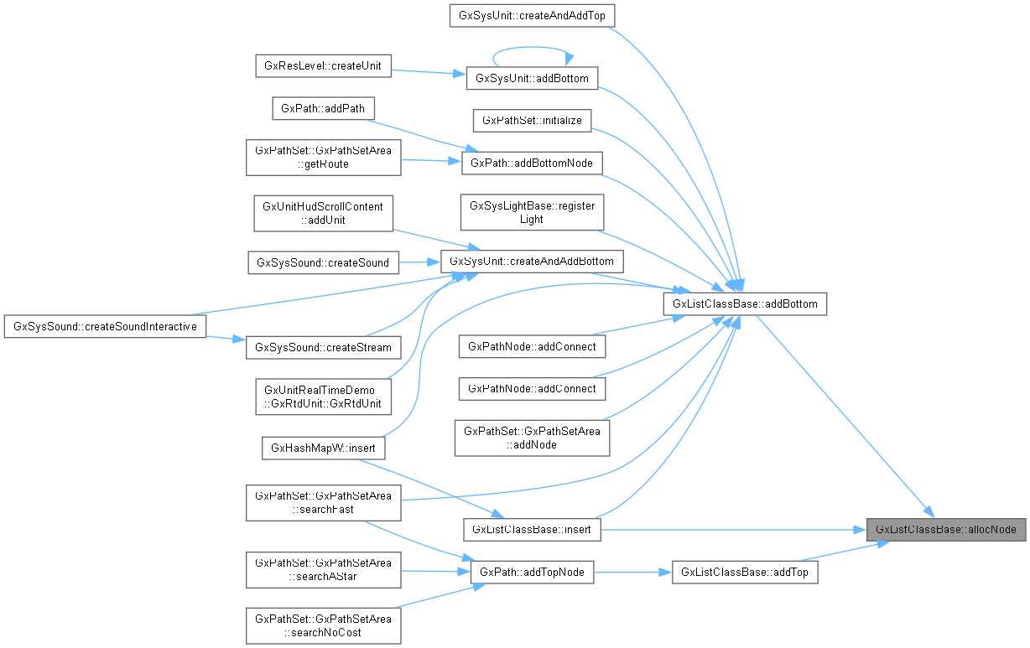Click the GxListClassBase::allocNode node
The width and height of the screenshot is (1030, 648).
tap(945, 530)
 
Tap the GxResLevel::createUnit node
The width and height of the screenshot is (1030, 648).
tap(323, 66)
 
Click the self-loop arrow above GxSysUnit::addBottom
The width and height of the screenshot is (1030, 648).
tap(532, 49)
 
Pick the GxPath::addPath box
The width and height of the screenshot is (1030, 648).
tap(323, 108)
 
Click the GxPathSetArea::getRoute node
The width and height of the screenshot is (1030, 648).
tap(323, 157)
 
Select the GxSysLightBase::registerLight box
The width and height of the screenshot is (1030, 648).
tap(532, 213)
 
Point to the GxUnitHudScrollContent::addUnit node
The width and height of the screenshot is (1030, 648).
tap(323, 213)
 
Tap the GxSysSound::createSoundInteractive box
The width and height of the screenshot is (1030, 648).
tap(105, 326)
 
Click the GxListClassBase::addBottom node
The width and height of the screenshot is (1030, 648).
tap(745, 303)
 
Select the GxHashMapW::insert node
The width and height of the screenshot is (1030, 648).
tap(323, 448)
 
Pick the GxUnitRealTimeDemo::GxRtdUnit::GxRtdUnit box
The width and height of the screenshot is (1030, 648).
tap(323, 397)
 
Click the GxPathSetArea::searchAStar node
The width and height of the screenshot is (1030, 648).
tap(323, 573)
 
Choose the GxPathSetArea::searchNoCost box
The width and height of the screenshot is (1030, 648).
tap(323, 625)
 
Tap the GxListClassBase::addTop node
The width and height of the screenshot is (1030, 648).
tap(745, 573)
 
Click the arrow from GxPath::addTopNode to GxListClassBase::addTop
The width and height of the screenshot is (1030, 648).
tap(633, 573)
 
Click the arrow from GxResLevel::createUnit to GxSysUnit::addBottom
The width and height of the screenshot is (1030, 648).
tap(429, 72)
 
